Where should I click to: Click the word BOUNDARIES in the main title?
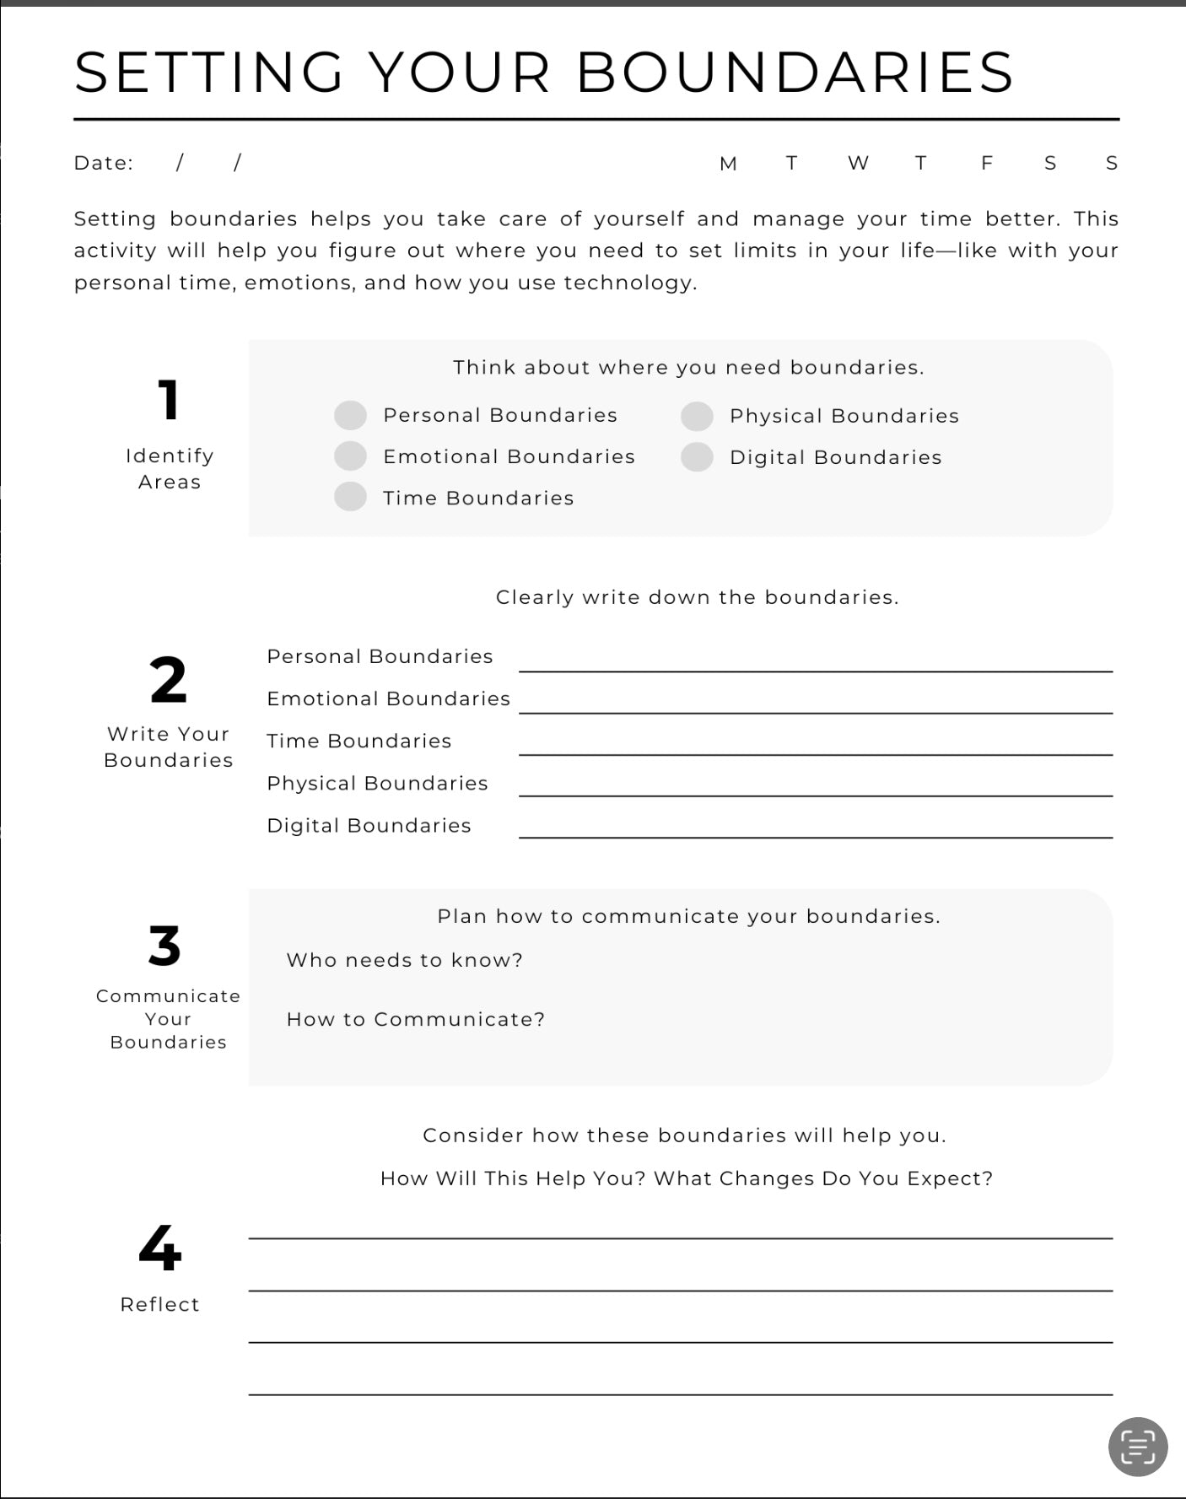click(x=795, y=72)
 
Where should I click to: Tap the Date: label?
click(x=103, y=163)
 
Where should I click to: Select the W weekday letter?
click(x=858, y=163)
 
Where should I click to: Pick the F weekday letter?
click(x=986, y=163)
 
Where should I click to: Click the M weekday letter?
click(x=728, y=164)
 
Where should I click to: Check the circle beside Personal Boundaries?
click(x=350, y=415)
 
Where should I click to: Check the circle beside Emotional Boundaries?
click(x=350, y=456)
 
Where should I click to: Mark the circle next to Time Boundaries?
click(x=350, y=497)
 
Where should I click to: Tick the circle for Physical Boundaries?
click(x=697, y=416)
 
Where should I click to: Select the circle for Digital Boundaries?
click(x=697, y=457)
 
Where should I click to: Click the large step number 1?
click(x=169, y=400)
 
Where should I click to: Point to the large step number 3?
click(x=164, y=946)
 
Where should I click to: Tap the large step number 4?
click(x=159, y=1248)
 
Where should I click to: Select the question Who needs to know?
click(x=404, y=960)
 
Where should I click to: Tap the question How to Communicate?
click(x=415, y=1019)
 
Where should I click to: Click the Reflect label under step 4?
click(x=159, y=1304)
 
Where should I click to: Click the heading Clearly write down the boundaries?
click(x=697, y=597)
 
